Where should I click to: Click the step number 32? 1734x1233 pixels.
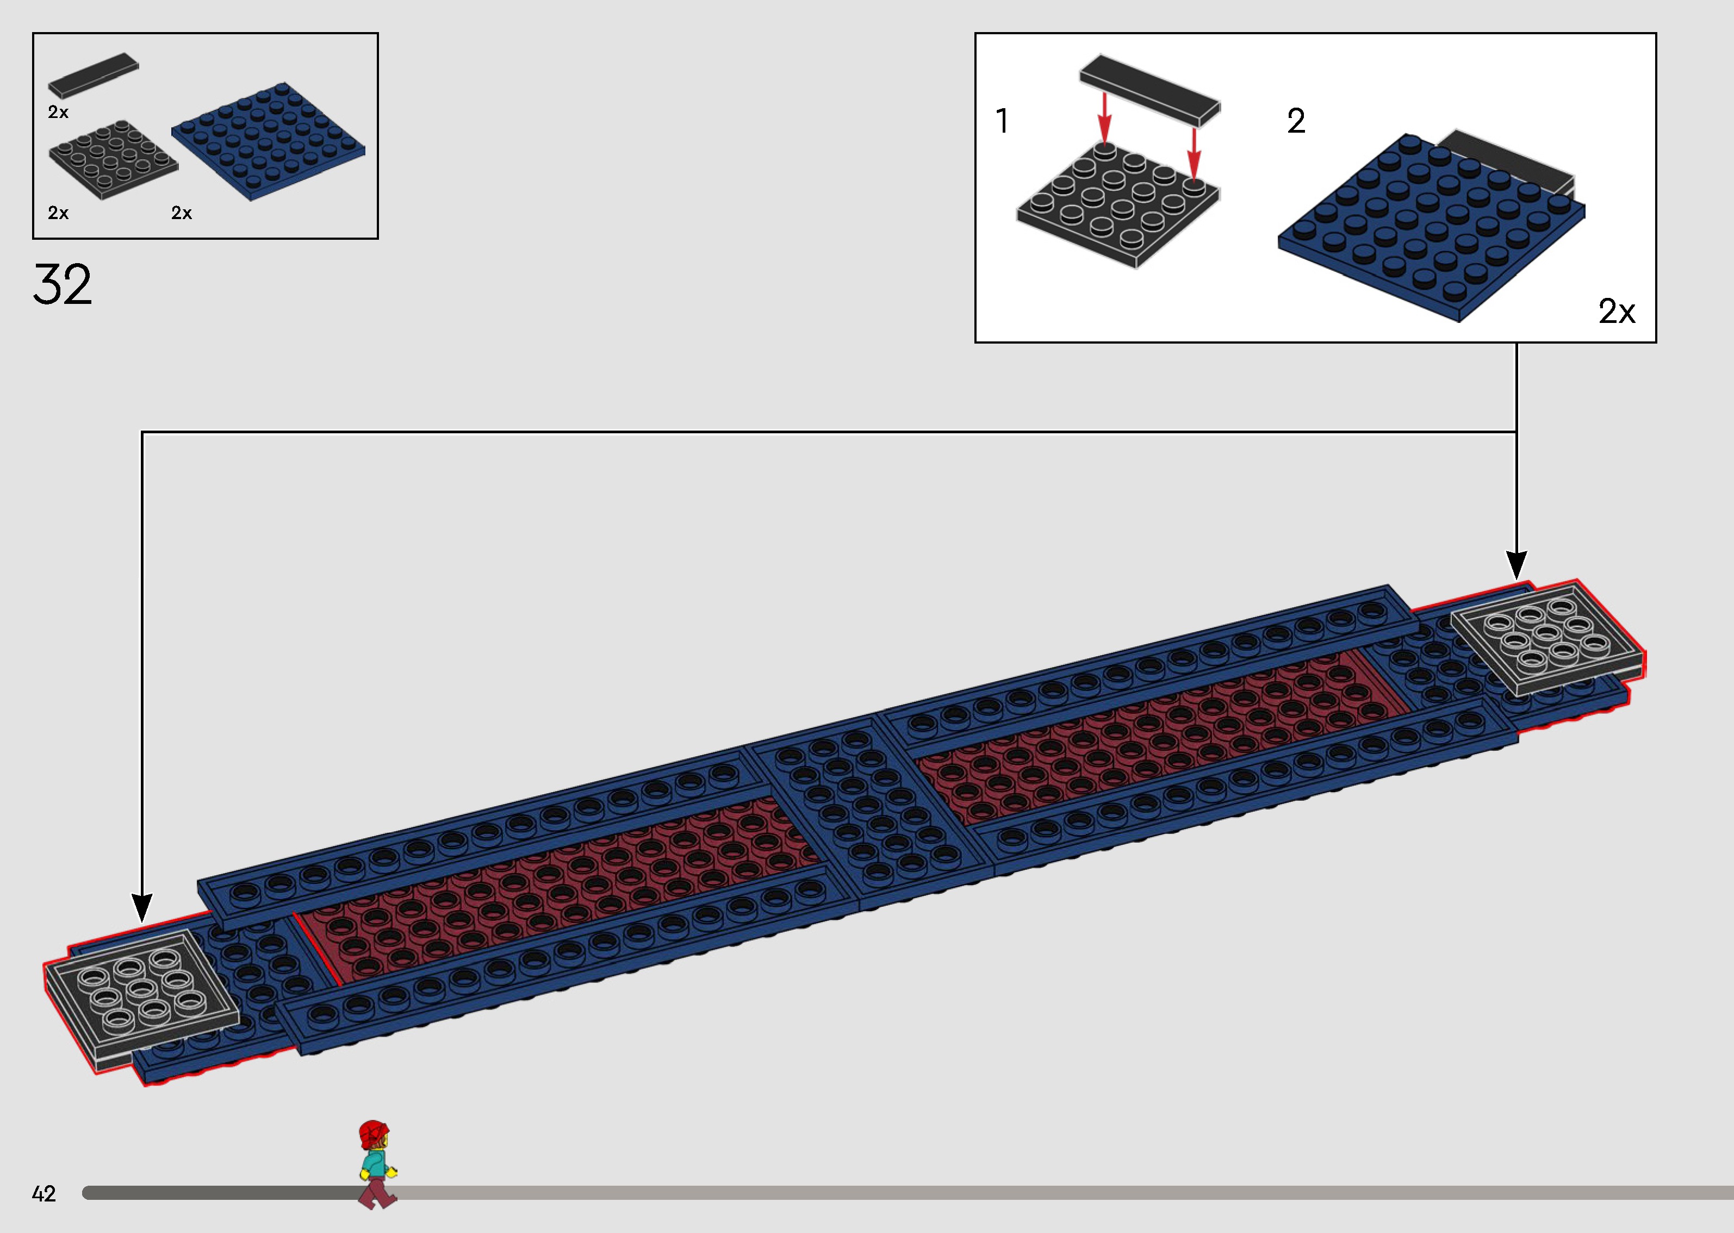(62, 285)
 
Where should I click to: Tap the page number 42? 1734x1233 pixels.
(44, 1194)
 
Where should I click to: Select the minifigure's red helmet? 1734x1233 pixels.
(373, 1134)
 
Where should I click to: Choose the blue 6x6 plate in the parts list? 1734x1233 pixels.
(268, 141)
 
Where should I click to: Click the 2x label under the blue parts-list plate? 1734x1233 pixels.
(182, 213)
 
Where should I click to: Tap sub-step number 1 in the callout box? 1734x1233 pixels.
(1002, 121)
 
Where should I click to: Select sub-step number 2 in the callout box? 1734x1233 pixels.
(1296, 121)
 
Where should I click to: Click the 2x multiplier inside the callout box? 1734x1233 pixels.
(1617, 312)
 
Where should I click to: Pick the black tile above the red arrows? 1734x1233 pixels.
(1149, 90)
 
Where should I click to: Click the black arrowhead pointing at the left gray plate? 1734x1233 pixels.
(142, 908)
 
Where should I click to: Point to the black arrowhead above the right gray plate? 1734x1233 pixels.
(1516, 565)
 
